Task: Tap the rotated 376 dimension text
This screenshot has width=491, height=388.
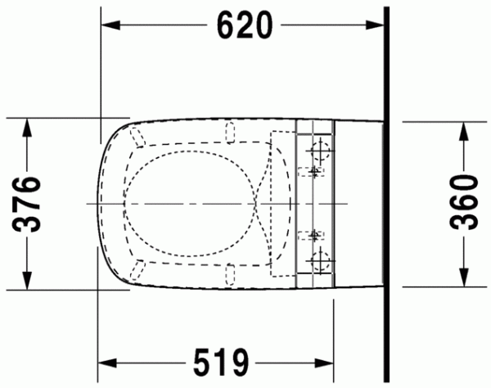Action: (x=29, y=203)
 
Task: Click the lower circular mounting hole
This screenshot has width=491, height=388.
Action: (x=320, y=262)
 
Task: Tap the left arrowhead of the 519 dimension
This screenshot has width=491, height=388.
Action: (x=107, y=361)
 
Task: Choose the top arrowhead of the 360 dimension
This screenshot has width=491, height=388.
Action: (x=463, y=129)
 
